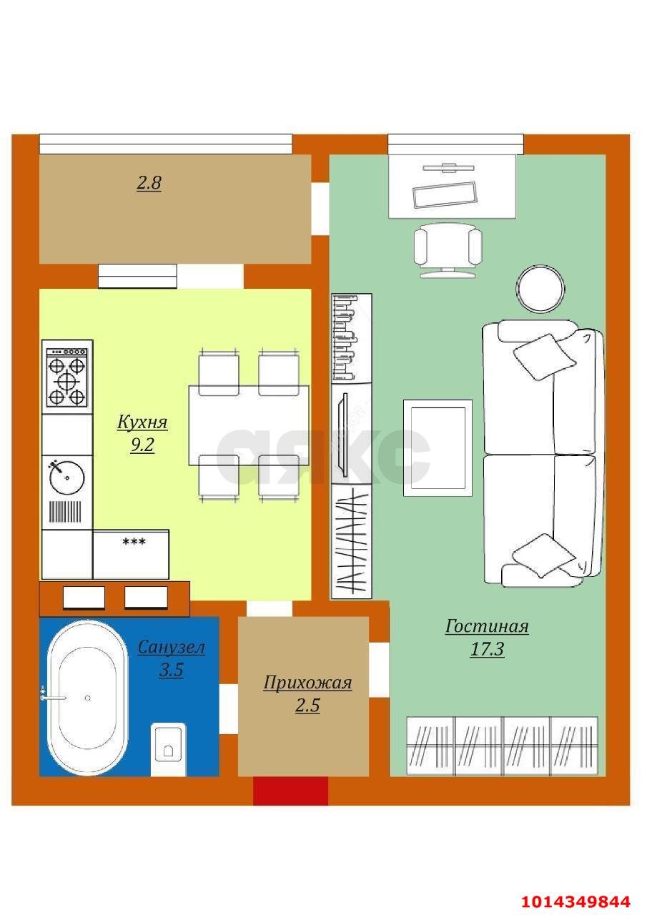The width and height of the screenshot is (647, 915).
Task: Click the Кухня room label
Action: [x=142, y=422]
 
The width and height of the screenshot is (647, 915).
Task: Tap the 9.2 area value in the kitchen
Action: [x=142, y=445]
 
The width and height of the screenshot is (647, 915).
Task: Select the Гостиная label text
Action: [x=487, y=627]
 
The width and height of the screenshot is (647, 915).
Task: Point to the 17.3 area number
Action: [x=487, y=650]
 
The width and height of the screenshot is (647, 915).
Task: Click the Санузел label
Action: [x=171, y=648]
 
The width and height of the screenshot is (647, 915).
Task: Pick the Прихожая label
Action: [x=307, y=683]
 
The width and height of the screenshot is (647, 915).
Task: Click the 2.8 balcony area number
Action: [x=149, y=183]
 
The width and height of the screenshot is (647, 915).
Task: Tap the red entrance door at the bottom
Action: [x=290, y=791]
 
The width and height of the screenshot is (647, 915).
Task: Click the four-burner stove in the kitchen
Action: [x=67, y=377]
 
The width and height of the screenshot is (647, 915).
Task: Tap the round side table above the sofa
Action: [x=540, y=289]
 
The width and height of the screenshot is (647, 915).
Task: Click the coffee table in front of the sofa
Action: [x=438, y=448]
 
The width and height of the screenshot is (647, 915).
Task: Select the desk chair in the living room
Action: [x=448, y=250]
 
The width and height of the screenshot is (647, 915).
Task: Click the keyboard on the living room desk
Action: [x=444, y=195]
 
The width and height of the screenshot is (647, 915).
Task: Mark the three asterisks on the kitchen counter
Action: [x=134, y=543]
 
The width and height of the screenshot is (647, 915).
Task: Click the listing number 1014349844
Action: [x=576, y=901]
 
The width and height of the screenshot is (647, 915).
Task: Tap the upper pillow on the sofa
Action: [x=545, y=355]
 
